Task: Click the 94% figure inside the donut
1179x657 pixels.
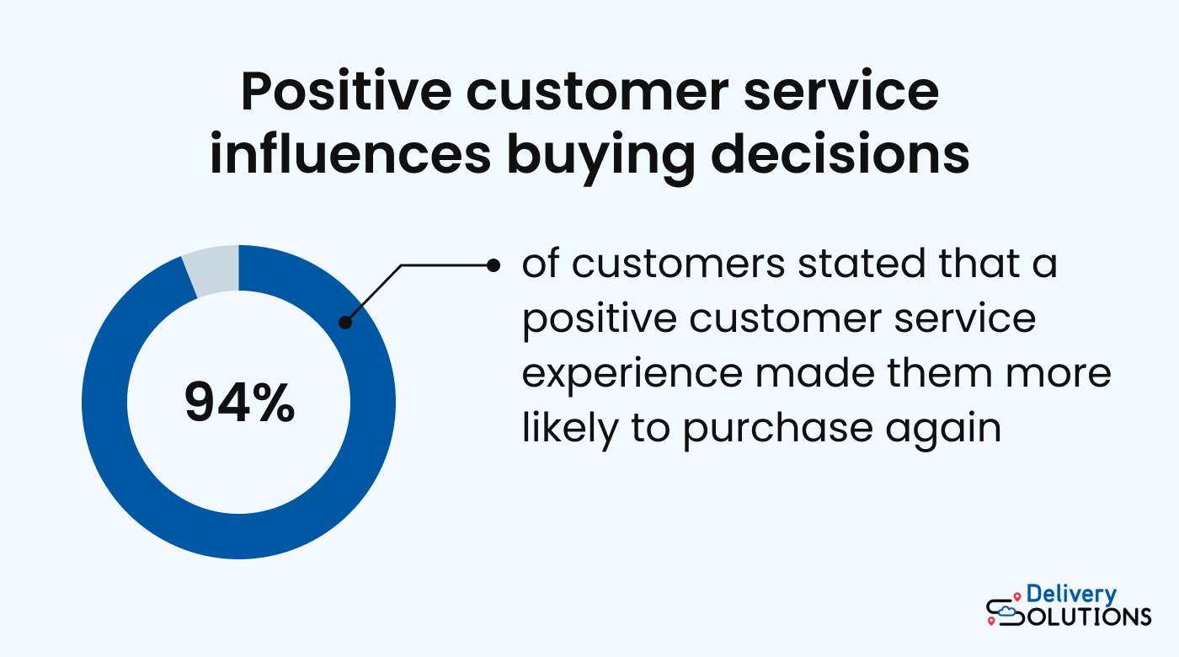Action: point(239,403)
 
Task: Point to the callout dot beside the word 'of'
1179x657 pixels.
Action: point(494,264)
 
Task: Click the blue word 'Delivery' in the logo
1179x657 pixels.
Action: point(1071,595)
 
